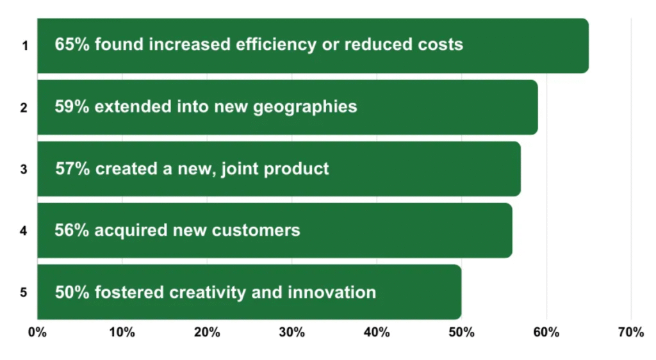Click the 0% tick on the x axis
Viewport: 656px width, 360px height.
click(x=37, y=332)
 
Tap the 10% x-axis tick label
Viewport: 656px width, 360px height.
click(x=122, y=332)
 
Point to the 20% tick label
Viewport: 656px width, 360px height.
click(x=207, y=332)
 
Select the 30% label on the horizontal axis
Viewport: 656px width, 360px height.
click(x=292, y=332)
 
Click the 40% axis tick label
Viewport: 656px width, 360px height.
click(x=377, y=332)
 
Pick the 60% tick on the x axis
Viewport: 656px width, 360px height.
click(x=546, y=332)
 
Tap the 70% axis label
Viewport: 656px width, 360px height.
click(x=631, y=332)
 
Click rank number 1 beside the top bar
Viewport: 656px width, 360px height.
click(x=25, y=45)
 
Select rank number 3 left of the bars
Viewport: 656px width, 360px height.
click(x=24, y=169)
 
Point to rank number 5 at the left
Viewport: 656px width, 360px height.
click(x=24, y=292)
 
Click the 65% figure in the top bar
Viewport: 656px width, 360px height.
click(x=72, y=44)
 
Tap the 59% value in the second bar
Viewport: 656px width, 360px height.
click(x=72, y=106)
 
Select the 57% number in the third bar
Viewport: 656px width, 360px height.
click(x=72, y=169)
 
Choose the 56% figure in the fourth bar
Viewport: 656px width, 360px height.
click(x=72, y=231)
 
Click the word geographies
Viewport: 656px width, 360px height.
click(x=305, y=108)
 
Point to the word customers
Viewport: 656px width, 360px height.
click(x=256, y=231)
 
